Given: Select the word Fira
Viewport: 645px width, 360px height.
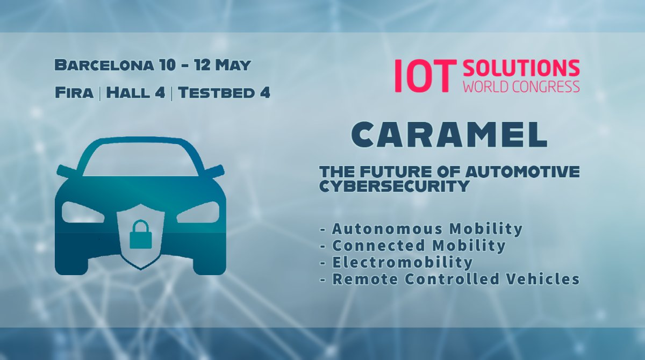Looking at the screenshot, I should coord(74,92).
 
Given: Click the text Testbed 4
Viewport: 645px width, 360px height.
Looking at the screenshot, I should coord(224,92).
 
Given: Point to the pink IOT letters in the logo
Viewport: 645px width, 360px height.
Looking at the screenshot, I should coord(421,76).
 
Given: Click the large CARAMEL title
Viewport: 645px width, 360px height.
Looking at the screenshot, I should coord(449,135).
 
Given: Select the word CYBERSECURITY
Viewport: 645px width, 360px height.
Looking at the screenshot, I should coord(395,186).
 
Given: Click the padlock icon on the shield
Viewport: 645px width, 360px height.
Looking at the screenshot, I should coord(140,235).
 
